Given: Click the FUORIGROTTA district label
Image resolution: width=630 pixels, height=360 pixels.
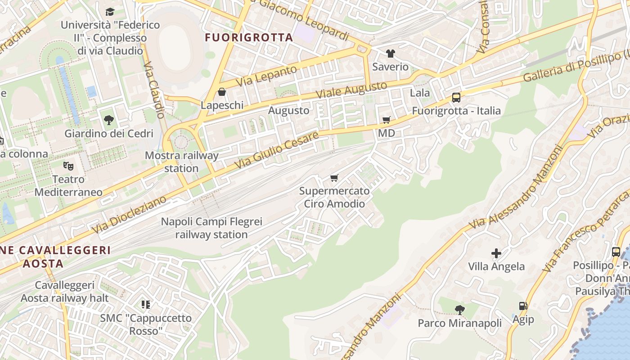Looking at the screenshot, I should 249,37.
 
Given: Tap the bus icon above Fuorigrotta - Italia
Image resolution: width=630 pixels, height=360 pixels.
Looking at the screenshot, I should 456,98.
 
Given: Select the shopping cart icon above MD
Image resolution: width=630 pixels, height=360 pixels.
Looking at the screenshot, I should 386,120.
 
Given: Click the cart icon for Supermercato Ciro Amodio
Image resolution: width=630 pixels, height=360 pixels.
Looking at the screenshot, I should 334,178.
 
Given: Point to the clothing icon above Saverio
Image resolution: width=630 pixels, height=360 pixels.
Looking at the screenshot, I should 390,54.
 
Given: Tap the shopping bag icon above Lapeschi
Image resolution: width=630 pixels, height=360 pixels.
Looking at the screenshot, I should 221,92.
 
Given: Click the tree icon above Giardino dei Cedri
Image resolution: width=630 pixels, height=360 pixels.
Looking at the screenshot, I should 108,120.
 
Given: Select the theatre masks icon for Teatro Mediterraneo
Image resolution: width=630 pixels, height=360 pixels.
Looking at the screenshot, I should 68,166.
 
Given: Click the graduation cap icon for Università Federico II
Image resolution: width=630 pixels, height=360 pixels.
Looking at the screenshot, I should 110,12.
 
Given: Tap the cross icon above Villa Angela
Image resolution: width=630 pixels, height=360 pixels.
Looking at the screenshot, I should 496,253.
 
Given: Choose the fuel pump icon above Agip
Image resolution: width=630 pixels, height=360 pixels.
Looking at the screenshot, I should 523,306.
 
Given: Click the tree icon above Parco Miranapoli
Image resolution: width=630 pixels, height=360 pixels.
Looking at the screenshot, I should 459,310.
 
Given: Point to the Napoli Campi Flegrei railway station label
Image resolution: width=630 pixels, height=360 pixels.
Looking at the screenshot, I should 211,228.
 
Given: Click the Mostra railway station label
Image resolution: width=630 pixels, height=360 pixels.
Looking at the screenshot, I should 181,162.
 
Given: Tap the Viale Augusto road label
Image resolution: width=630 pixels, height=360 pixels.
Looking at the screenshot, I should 351,90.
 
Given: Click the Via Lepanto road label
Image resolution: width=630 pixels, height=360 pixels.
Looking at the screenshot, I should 266,76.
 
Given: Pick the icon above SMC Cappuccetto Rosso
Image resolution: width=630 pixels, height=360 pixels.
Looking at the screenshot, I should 145,305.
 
